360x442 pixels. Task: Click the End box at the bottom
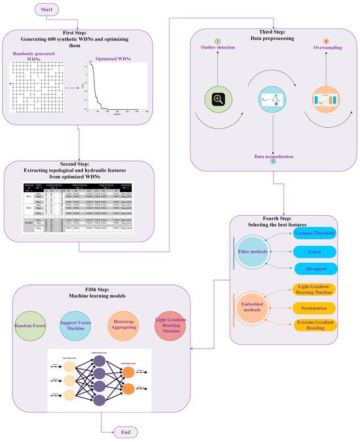pyautogui.click(x=125, y=432)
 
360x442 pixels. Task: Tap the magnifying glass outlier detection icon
pyautogui.click(x=215, y=99)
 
